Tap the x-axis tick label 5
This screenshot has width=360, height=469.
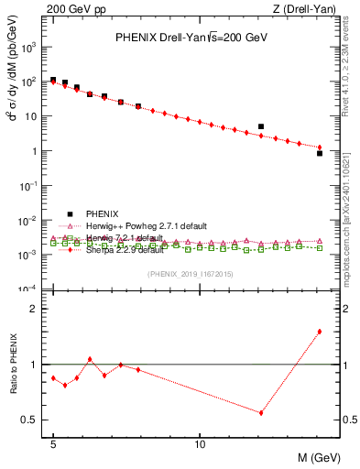click(53, 443)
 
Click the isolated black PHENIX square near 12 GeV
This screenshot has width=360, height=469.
click(261, 126)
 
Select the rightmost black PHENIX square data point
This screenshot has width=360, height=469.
click(320, 153)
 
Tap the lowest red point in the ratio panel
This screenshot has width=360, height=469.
click(261, 412)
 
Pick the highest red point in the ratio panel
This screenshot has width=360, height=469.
click(320, 332)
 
